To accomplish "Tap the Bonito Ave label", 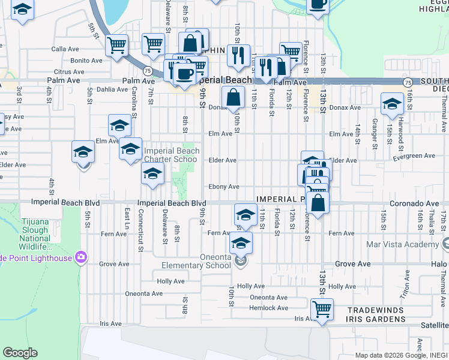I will (86, 61).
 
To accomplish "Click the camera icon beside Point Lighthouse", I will (80, 257).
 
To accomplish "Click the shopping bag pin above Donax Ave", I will (233, 97).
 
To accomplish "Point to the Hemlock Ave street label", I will (269, 308).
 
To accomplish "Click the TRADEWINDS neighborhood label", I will (376, 310).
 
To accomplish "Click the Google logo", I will (20, 353).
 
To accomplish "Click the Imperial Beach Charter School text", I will (170, 155).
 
